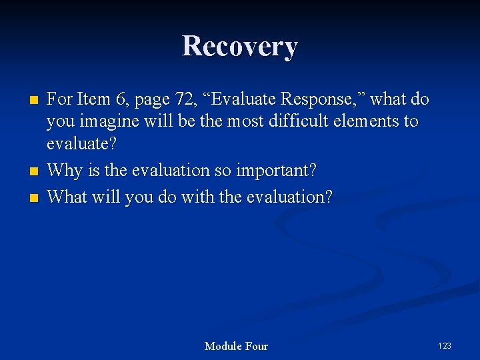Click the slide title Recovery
[239, 47]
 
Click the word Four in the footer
[257, 346]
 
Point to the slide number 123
[445, 345]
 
